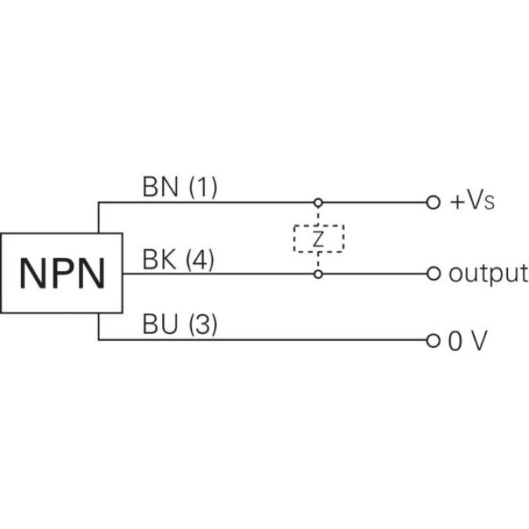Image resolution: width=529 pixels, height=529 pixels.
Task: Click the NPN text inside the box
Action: tap(62, 274)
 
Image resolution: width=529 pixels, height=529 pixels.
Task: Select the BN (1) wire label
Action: tap(179, 187)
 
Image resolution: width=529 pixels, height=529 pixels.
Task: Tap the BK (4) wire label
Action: tap(179, 259)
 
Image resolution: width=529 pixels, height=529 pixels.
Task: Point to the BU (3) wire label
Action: tap(179, 324)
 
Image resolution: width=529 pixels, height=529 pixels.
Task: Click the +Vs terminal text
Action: tap(473, 202)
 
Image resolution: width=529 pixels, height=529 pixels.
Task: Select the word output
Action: tap(487, 274)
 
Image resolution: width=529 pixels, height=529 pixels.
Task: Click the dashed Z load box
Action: tap(318, 239)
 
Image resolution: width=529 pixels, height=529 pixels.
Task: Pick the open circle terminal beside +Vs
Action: tap(433, 202)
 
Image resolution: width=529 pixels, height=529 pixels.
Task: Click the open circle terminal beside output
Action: tap(433, 274)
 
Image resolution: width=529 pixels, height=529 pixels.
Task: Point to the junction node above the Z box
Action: tap(318, 202)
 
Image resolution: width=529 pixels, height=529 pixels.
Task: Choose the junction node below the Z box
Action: tap(318, 274)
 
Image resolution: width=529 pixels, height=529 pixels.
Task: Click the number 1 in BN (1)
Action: tap(202, 187)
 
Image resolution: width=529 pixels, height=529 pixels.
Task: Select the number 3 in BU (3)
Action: tap(201, 324)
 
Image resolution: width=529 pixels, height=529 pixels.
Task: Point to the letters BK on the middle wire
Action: tap(159, 259)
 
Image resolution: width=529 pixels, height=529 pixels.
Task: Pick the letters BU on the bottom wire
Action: tap(160, 324)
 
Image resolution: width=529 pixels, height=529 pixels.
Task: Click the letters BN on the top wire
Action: tap(160, 187)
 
